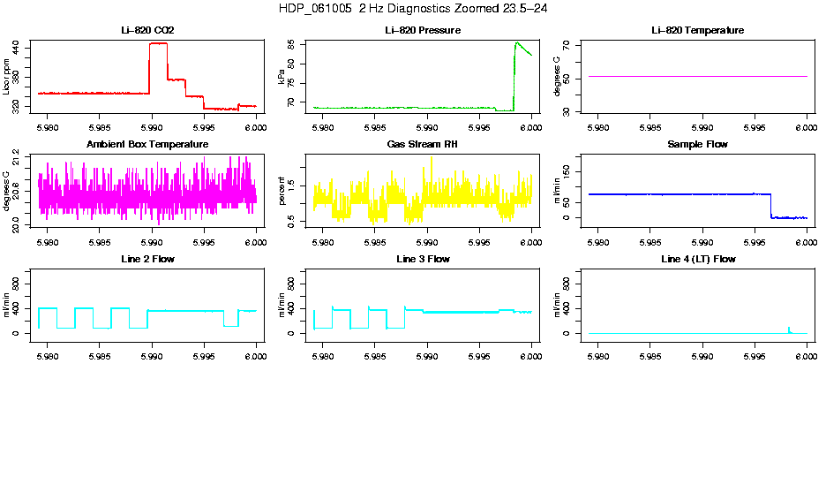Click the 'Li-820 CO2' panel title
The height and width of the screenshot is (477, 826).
147,31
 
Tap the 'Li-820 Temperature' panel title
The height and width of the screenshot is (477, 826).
697,31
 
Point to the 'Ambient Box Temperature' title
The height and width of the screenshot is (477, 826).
147,145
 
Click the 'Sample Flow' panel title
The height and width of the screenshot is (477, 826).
697,145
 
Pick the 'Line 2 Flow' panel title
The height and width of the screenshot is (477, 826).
147,260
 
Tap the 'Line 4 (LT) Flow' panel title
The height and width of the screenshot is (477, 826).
697,260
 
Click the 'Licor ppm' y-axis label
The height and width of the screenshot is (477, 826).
7,76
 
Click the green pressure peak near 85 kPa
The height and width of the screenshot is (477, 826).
517,42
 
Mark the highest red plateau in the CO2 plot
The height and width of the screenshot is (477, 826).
158,43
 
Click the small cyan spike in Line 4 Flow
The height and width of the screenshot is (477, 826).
789,329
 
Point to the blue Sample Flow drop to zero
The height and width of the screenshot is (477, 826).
771,205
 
